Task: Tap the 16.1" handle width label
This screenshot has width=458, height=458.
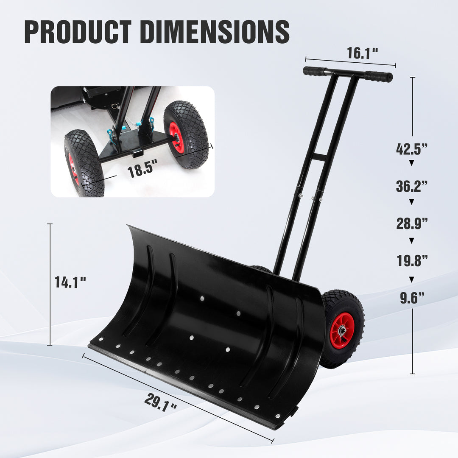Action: (362, 53)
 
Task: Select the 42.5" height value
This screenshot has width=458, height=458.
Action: (411, 149)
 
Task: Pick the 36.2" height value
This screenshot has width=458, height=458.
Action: (411, 186)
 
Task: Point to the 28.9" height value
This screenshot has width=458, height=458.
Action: (411, 223)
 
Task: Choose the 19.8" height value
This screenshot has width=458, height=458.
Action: (411, 261)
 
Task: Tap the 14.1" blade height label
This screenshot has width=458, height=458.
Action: (70, 282)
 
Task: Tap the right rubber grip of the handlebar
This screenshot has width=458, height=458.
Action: (378, 76)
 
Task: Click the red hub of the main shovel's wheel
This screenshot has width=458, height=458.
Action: (341, 330)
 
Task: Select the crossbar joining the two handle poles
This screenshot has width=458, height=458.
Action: (318, 157)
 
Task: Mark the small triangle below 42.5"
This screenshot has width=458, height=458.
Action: (411, 163)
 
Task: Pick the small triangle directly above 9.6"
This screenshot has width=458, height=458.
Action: (411, 279)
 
